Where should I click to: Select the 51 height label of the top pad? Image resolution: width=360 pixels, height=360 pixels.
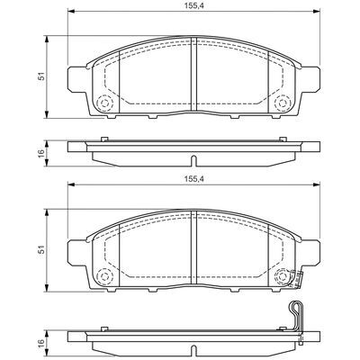(x=42, y=76)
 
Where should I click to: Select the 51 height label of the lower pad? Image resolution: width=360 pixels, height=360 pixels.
(x=42, y=249)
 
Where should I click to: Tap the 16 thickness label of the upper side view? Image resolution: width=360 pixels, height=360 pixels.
(x=41, y=152)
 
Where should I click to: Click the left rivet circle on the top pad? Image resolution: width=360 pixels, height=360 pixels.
(x=104, y=103)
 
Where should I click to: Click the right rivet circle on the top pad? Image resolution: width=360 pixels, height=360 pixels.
(x=283, y=103)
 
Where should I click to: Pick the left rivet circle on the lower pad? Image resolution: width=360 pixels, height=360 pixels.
(x=104, y=276)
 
